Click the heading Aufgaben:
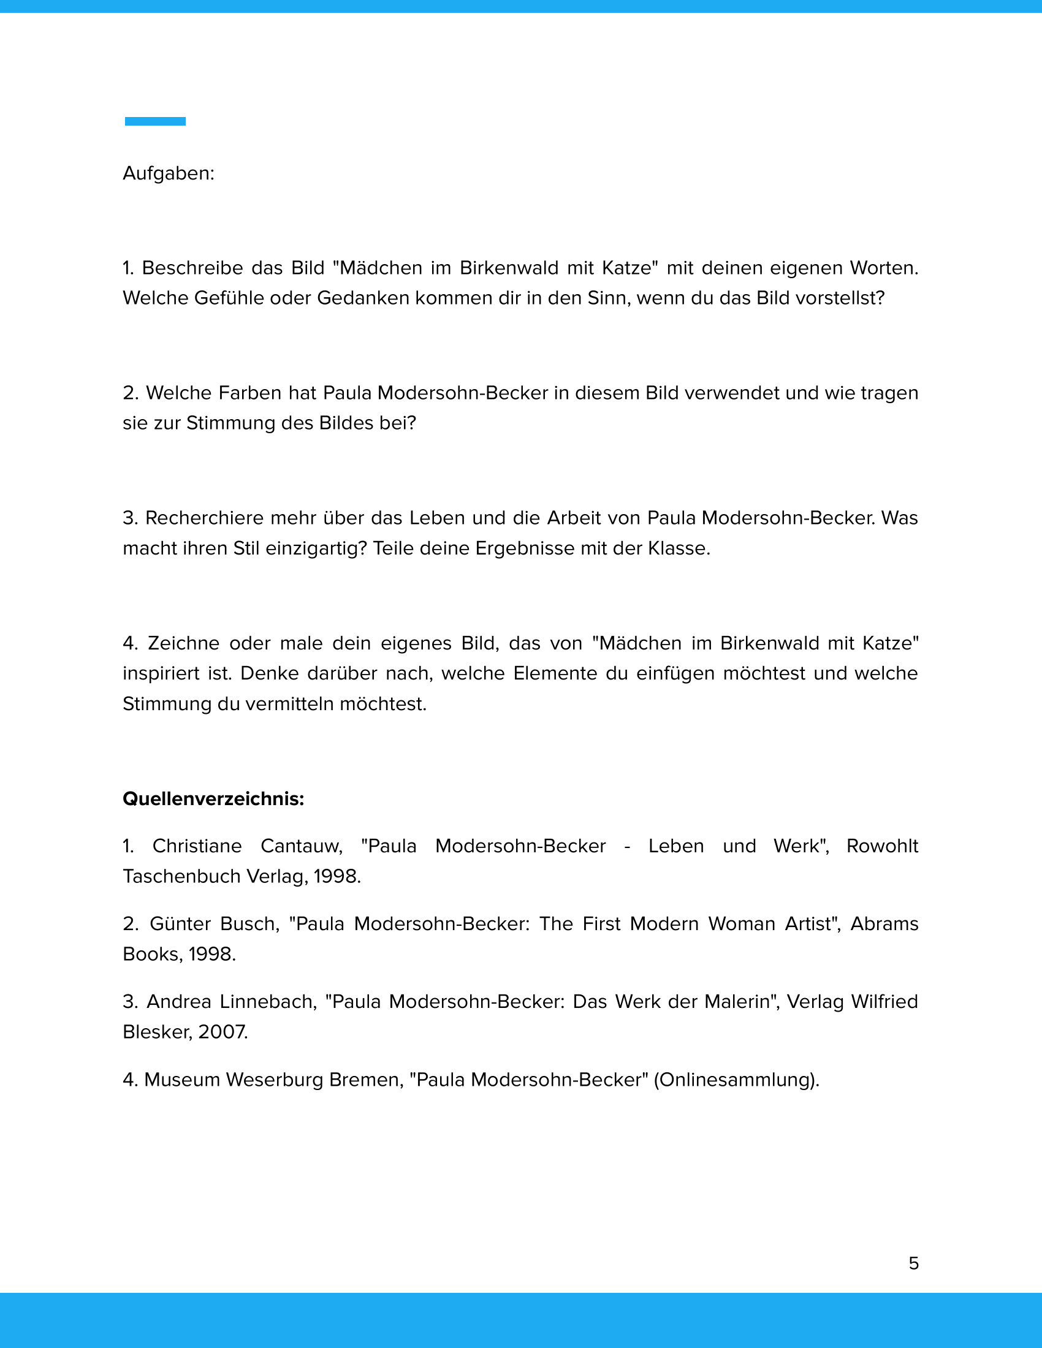tap(169, 173)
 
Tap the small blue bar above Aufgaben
tap(155, 121)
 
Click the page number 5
tap(914, 1263)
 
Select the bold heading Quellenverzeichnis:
tap(213, 798)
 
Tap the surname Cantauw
tap(300, 846)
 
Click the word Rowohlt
tap(882, 846)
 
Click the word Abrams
tap(884, 924)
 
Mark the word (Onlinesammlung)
tap(736, 1080)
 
